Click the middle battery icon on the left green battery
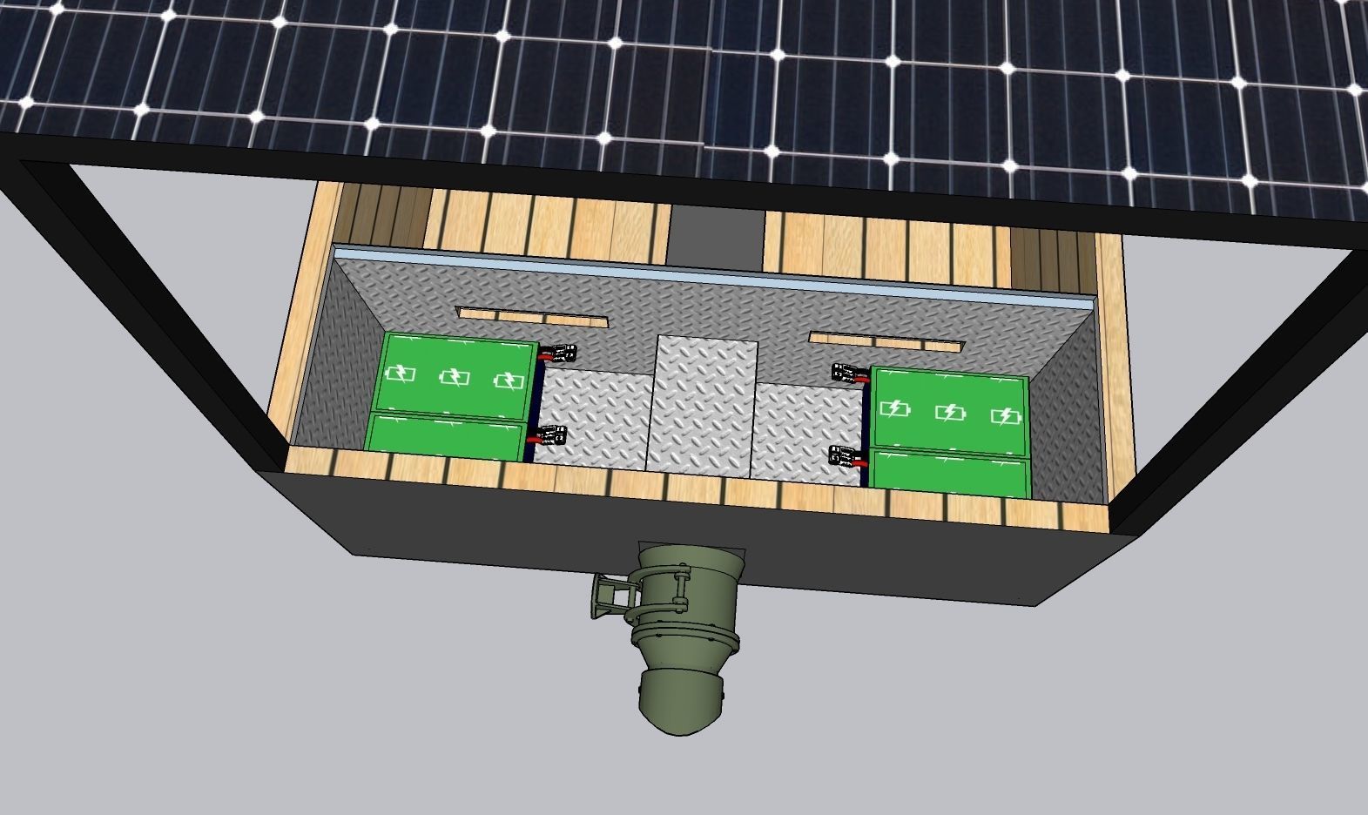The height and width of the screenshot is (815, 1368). click(x=454, y=377)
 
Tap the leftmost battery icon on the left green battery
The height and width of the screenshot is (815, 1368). click(x=401, y=374)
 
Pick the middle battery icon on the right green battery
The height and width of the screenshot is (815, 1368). click(x=950, y=412)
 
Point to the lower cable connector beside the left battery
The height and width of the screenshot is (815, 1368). click(x=549, y=434)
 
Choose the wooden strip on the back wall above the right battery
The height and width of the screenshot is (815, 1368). click(x=886, y=340)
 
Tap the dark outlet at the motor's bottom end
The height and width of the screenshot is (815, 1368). click(x=684, y=705)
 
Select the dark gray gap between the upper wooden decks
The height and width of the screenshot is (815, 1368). click(x=717, y=235)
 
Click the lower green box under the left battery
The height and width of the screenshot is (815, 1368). click(x=446, y=434)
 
